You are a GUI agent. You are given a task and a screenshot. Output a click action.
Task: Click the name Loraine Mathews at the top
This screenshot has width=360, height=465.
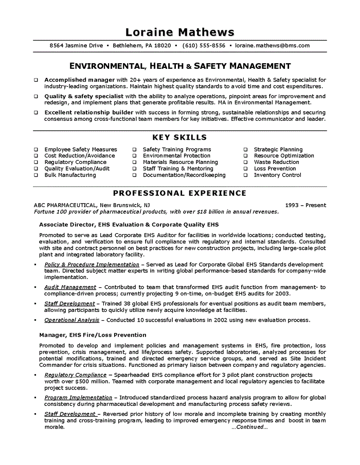pos(179,32)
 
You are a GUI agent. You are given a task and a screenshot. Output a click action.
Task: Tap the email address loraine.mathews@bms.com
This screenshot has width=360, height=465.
pos(273,46)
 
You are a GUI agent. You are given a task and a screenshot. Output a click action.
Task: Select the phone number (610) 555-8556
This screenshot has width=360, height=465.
pos(205,46)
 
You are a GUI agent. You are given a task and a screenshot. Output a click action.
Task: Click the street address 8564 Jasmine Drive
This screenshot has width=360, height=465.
pos(76,46)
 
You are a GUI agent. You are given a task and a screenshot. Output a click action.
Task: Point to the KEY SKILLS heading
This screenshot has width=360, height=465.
pos(179,137)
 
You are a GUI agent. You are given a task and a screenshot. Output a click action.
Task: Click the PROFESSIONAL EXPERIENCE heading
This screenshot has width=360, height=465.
pos(179,193)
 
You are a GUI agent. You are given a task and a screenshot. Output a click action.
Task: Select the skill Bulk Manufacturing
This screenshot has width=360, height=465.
pos(70,175)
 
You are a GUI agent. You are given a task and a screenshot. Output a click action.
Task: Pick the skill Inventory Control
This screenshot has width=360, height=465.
pos(277,175)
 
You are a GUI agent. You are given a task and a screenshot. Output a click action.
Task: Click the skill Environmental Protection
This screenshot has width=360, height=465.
pos(176,156)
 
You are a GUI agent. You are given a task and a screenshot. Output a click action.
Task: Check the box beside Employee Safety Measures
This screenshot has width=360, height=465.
pos(36,150)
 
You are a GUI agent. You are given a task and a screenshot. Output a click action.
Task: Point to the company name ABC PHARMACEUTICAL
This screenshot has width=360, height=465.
pos(65,206)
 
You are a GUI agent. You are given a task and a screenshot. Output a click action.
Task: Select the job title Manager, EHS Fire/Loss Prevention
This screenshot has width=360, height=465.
pos(93,335)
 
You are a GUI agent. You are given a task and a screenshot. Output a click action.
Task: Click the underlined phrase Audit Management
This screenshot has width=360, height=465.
pos(70,287)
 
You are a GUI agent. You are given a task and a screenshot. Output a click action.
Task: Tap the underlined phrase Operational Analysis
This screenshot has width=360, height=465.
pos(72,320)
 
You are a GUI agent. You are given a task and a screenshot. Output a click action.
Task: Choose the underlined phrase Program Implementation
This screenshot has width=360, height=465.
pos(78,398)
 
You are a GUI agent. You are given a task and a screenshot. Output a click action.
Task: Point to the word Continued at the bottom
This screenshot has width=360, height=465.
pos(249,427)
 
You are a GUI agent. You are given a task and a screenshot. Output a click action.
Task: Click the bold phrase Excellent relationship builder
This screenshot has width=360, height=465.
pos(89,112)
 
